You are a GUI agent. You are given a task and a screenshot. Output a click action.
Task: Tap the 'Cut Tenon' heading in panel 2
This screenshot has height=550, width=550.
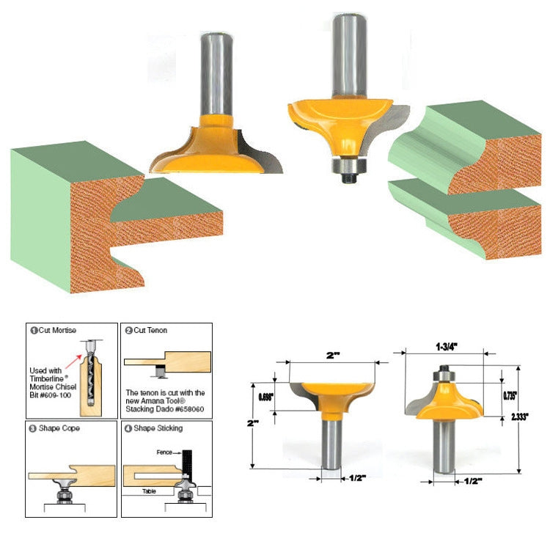[150, 331]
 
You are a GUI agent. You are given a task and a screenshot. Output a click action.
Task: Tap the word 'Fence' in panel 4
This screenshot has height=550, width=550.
[164, 452]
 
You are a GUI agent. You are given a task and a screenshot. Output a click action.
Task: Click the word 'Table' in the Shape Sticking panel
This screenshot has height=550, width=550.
[150, 491]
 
